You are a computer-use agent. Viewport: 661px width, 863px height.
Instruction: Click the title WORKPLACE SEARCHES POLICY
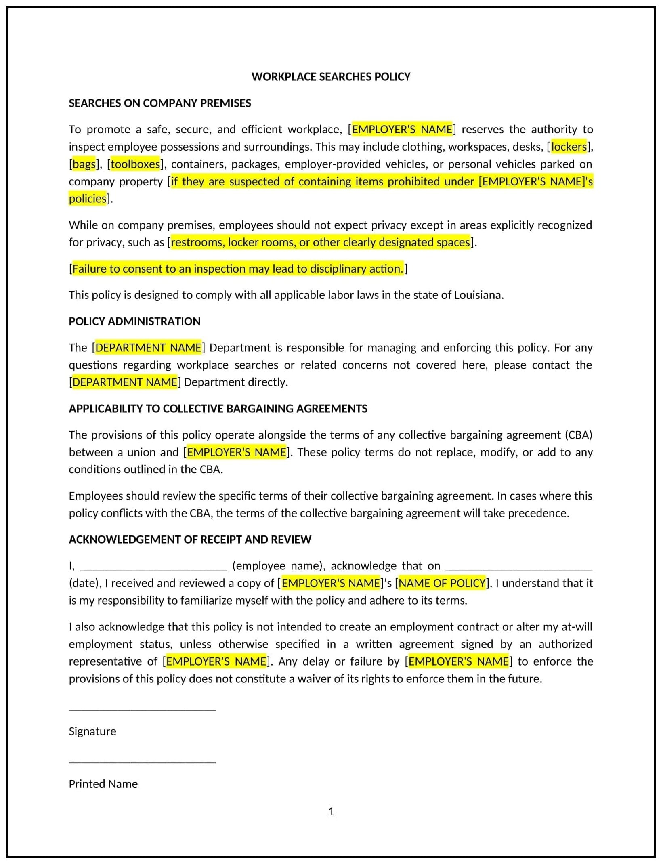pyautogui.click(x=330, y=77)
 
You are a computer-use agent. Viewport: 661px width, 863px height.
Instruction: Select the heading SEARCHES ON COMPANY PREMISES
pyautogui.click(x=159, y=103)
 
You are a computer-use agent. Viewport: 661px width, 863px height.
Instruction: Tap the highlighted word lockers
pyautogui.click(x=569, y=147)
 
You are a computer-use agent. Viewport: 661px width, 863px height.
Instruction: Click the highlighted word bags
pyautogui.click(x=84, y=164)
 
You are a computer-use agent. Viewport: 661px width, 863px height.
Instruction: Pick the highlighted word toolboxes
pyautogui.click(x=135, y=164)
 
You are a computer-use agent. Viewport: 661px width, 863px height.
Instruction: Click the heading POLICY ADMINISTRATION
pyautogui.click(x=134, y=321)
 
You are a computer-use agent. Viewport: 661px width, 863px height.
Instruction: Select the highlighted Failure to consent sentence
pyautogui.click(x=238, y=269)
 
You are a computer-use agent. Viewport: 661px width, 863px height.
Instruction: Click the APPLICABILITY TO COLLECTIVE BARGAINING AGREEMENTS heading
pyautogui.click(x=218, y=409)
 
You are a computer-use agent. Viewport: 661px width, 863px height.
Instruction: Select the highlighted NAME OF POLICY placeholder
pyautogui.click(x=442, y=583)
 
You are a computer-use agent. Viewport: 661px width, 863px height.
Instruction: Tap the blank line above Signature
pyautogui.click(x=142, y=709)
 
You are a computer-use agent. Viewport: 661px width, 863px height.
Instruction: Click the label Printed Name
pyautogui.click(x=103, y=784)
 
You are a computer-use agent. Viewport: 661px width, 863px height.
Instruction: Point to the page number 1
pyautogui.click(x=331, y=811)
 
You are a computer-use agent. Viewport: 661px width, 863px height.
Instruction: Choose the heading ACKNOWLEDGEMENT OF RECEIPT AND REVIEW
pyautogui.click(x=190, y=540)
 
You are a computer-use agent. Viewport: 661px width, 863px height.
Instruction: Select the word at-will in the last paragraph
pyautogui.click(x=577, y=627)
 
